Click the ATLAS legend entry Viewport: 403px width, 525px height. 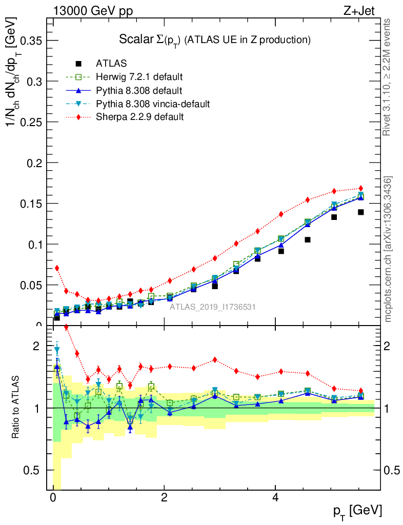tap(112, 64)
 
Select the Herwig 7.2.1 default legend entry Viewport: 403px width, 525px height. tap(139, 77)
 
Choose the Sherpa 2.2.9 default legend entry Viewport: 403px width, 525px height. tap(140, 117)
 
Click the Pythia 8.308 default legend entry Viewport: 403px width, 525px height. tap(139, 91)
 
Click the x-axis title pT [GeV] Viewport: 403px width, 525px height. tap(358, 511)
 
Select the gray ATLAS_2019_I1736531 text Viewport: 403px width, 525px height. tap(213, 307)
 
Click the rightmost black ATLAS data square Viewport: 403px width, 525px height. tap(361, 212)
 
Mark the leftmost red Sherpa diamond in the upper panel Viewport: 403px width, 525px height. tap(57, 268)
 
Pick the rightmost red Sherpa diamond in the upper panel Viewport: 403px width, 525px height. tap(361, 189)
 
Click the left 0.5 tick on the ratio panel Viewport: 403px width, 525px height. tap(38, 470)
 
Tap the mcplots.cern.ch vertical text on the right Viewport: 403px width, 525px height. tap(388, 249)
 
